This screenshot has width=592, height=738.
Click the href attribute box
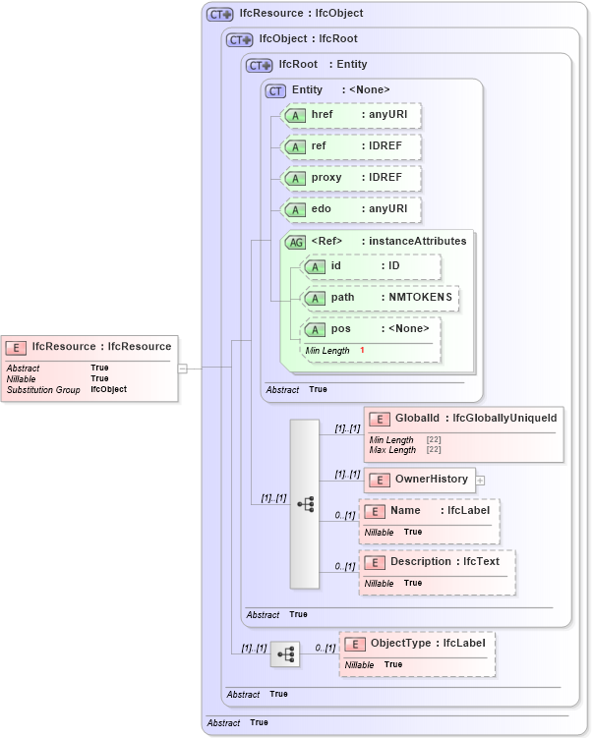[x=351, y=116]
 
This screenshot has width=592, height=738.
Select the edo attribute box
[x=351, y=209]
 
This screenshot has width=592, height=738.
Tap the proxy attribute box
[x=351, y=178]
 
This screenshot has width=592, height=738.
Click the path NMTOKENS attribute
[x=380, y=298]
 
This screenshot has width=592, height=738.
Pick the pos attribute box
[x=371, y=329]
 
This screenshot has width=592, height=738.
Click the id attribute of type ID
[x=371, y=266]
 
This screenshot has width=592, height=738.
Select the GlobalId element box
[x=463, y=420]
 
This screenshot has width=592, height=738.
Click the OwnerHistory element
[x=420, y=480]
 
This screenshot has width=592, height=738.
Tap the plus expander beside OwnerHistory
[x=481, y=481]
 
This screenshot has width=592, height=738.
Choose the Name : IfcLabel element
[x=430, y=511]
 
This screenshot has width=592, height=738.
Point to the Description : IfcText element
[x=438, y=562]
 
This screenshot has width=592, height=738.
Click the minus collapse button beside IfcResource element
[x=182, y=369]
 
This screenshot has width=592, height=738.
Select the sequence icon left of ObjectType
[x=285, y=653]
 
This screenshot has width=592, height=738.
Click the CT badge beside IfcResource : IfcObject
[x=219, y=15]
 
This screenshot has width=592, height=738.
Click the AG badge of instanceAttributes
[x=295, y=242]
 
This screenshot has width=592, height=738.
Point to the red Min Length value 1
[x=362, y=351]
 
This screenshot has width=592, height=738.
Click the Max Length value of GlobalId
[x=434, y=450]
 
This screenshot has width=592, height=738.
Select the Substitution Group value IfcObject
[x=108, y=390]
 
